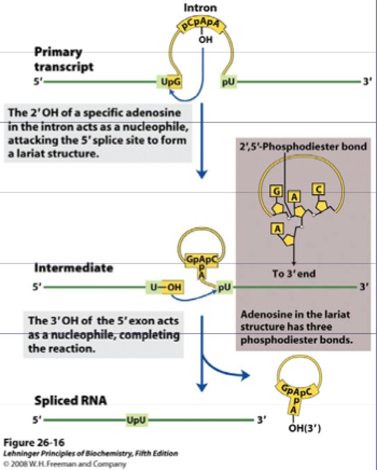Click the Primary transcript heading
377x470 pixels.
click(x=64, y=59)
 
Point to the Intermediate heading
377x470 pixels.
click(x=73, y=268)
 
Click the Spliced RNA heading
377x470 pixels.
click(x=70, y=401)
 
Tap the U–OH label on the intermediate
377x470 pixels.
click(x=165, y=287)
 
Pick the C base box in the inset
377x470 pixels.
click(x=317, y=189)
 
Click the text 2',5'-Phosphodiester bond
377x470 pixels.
click(x=303, y=146)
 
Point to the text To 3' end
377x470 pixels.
click(x=294, y=273)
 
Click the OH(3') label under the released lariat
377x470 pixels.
click(x=305, y=428)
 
